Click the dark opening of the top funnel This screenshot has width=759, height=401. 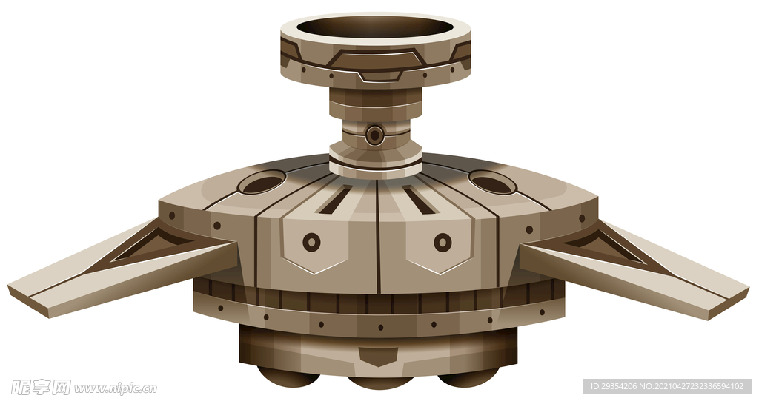tap(376, 27)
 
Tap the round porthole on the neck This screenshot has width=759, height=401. tap(374, 135)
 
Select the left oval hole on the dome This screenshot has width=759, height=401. tap(262, 184)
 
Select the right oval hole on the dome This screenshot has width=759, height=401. tap(493, 183)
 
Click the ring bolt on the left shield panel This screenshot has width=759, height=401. tap(312, 242)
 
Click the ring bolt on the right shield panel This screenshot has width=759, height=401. tap(443, 242)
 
